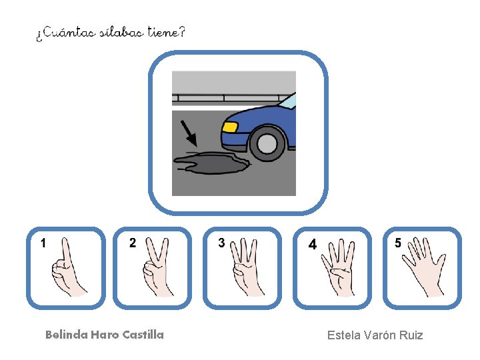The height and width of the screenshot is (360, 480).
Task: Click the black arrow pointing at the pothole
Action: coord(189,133)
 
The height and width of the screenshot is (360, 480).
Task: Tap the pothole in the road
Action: coord(212,163)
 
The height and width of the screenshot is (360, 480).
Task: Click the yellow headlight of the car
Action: coord(230,127)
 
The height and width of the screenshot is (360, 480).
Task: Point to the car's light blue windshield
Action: coord(289,100)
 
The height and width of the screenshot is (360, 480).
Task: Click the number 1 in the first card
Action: coord(43,243)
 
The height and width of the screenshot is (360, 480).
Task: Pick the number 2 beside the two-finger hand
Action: coord(133,243)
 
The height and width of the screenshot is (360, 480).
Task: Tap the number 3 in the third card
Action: coord(221,243)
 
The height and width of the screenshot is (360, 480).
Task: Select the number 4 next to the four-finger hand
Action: coord(312,244)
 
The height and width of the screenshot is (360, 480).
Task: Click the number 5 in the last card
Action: coord(397,243)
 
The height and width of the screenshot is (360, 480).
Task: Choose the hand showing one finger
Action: coord(69,267)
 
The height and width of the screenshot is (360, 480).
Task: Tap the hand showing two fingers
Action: coord(157,267)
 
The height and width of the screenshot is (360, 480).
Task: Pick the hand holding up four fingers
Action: coord(338,268)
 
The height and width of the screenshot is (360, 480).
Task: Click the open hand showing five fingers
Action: coord(424,267)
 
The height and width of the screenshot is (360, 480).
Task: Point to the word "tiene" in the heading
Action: coord(163,32)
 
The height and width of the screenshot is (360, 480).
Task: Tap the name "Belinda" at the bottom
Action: coord(67,335)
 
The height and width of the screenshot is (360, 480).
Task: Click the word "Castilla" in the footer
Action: coord(143,335)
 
